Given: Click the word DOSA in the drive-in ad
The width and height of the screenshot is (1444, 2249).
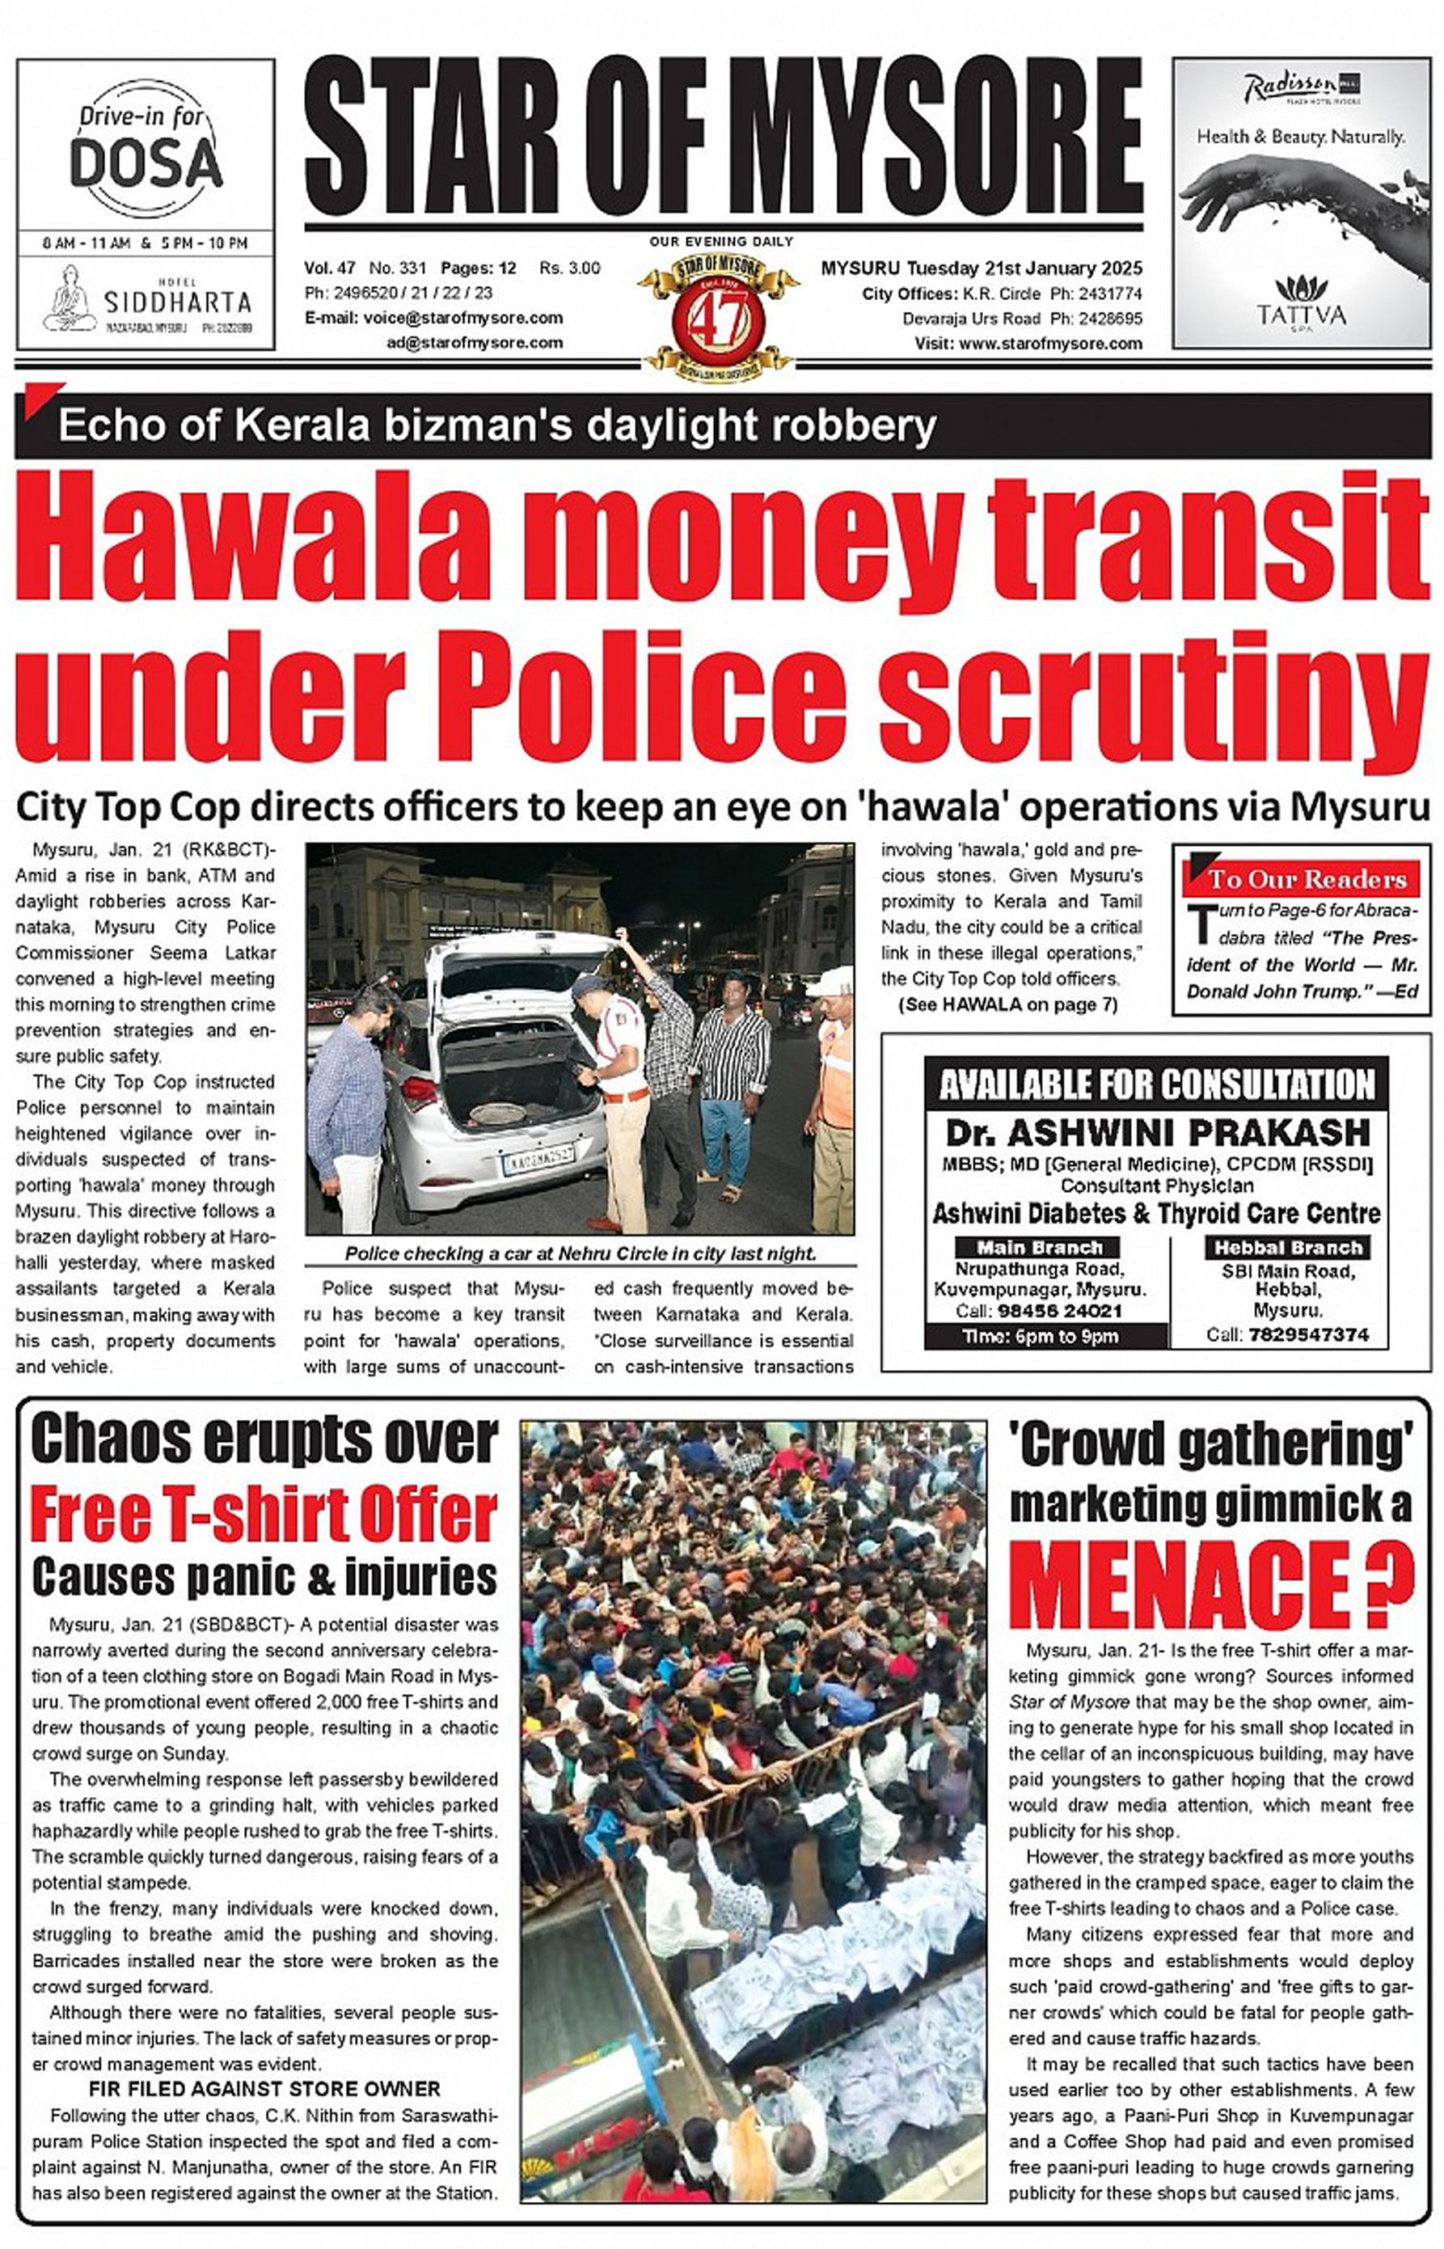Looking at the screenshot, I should [146, 163].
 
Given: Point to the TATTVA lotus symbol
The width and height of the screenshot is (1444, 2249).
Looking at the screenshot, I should [1301, 287].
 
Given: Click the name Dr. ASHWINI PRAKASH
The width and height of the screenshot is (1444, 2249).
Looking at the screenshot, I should [1157, 1133].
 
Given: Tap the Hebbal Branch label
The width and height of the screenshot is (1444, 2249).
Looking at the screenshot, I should [1287, 1247].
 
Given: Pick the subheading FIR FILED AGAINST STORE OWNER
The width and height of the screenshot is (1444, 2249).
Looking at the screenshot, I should [264, 2089].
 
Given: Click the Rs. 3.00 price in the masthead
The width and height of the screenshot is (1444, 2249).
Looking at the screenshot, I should [569, 268].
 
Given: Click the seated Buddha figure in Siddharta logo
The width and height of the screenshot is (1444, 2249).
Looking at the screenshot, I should [70, 298].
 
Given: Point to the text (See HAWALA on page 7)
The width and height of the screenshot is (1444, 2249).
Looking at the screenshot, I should [1008, 1004].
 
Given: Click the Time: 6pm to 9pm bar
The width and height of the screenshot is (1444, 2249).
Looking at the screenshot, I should [1041, 1335].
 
